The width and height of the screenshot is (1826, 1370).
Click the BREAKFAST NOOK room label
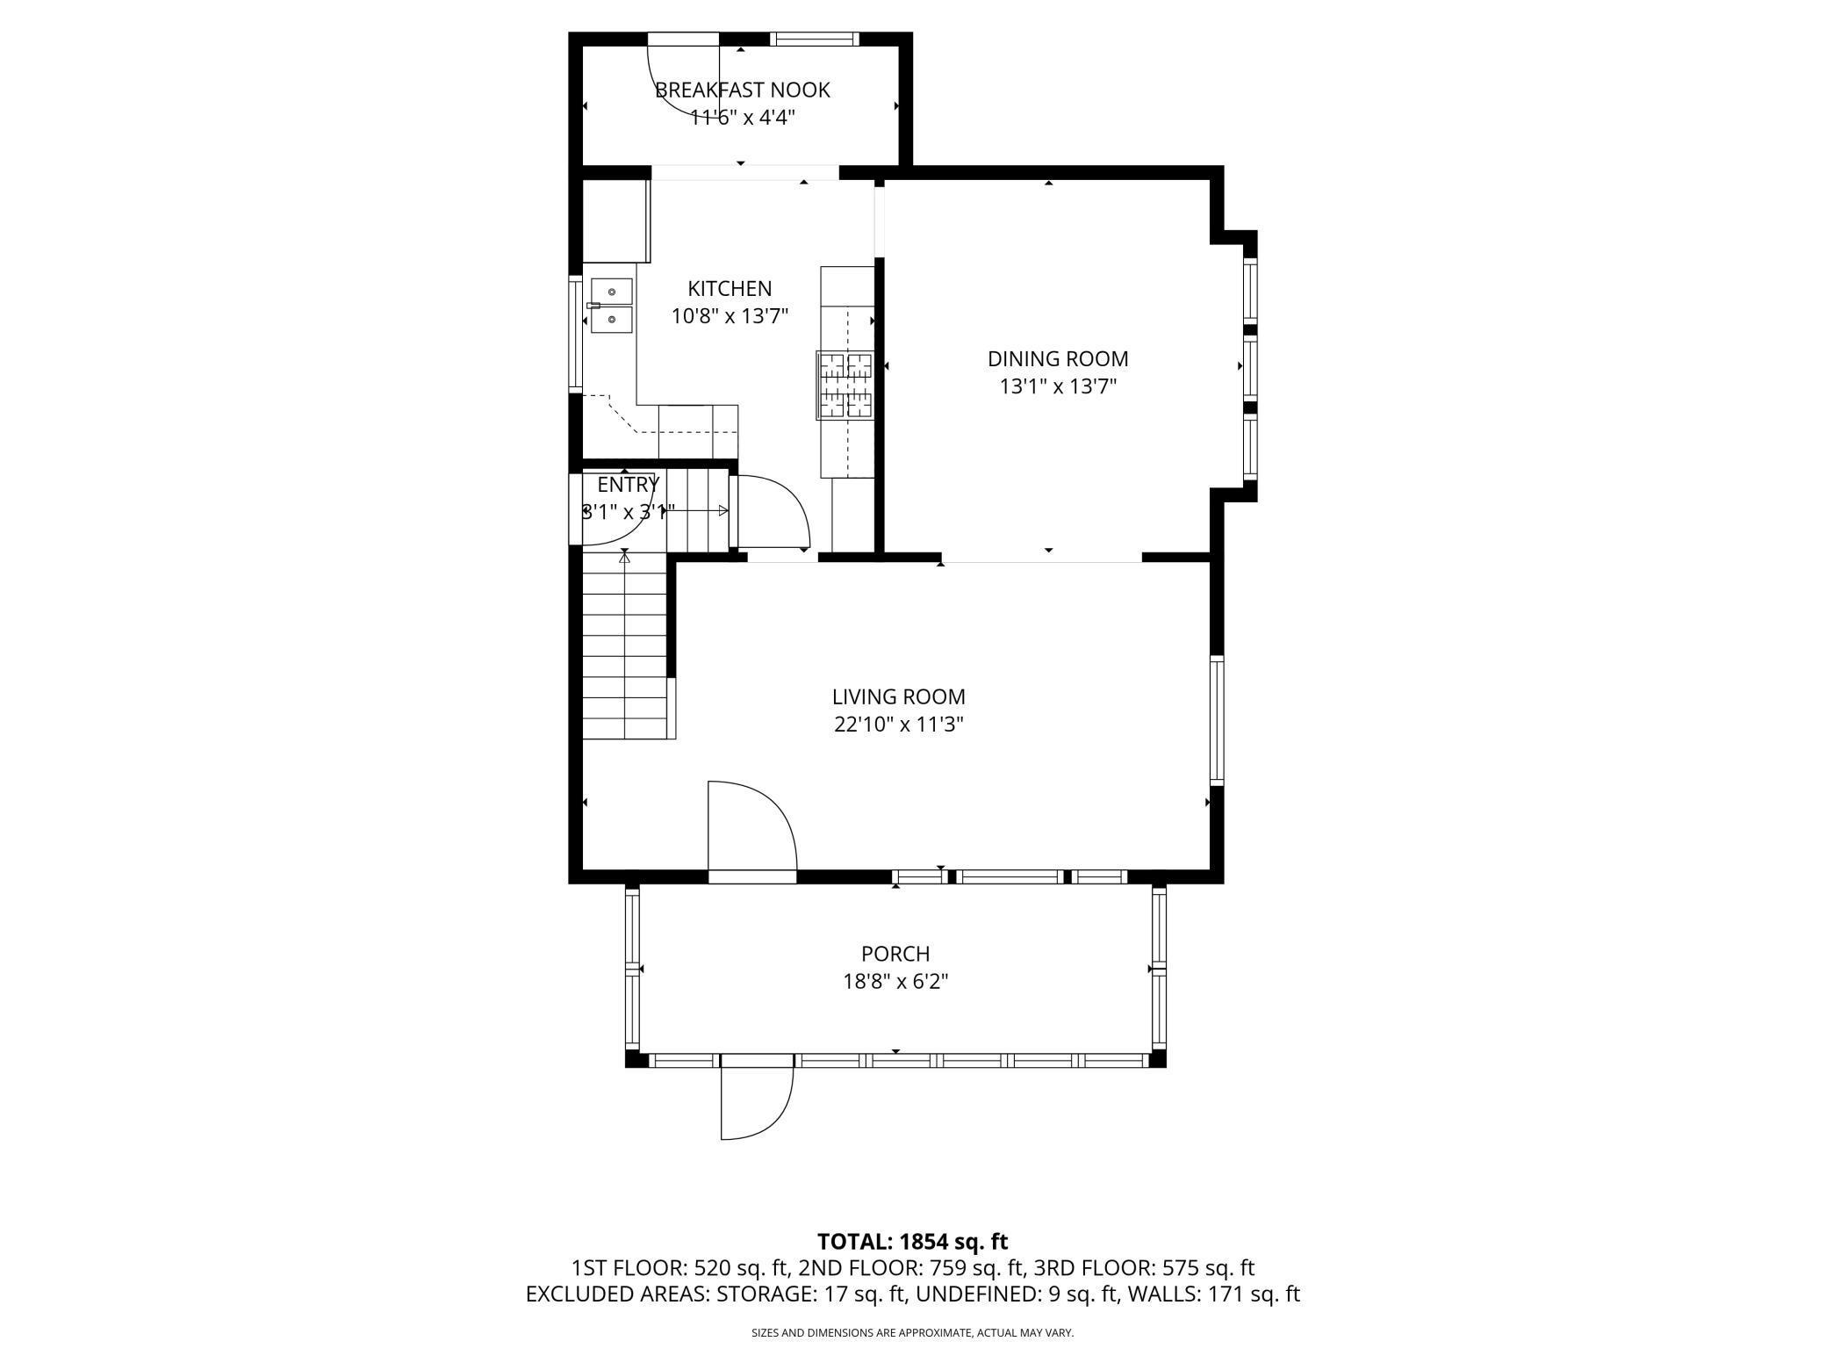pos(743,90)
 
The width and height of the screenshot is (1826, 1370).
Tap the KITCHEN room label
pos(730,288)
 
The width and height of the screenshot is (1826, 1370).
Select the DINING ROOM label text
pos(1058,358)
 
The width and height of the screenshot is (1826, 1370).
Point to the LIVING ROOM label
pos(899,696)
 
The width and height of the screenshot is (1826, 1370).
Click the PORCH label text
pos(895,953)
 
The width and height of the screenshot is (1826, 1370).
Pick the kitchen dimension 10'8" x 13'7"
pos(730,316)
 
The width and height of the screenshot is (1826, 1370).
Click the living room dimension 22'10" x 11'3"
pos(899,725)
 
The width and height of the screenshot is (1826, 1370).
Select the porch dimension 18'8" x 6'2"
pos(895,981)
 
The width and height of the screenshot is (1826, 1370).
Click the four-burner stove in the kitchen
pos(845,385)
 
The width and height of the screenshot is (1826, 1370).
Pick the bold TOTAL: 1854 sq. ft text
pos(912,1242)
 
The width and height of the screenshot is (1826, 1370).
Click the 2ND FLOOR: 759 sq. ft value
pos(912,1268)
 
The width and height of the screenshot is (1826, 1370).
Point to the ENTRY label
pos(628,485)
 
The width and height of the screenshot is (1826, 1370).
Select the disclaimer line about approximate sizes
pos(912,1333)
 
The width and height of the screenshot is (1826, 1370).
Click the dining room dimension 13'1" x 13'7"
pos(1058,386)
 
